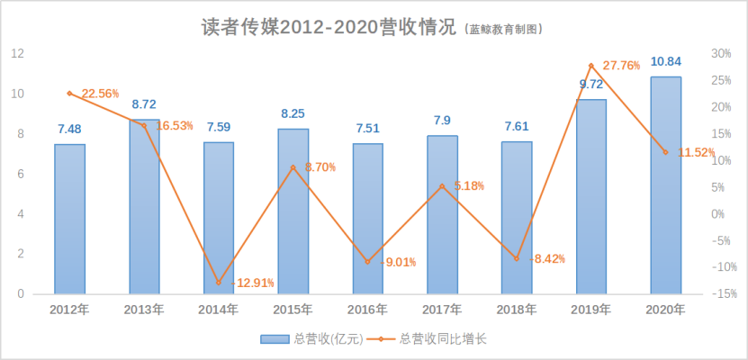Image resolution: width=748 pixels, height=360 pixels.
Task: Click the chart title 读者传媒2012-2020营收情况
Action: pos(329,26)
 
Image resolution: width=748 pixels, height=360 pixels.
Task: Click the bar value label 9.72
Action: pos(591,84)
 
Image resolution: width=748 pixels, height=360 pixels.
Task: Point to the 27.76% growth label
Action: pos(622,66)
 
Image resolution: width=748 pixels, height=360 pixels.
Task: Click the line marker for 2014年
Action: pos(219,283)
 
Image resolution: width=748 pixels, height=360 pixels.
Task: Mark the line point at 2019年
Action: pos(591,66)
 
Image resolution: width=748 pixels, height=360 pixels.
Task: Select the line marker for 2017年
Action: pos(442,186)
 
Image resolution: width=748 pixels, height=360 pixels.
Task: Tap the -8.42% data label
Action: pos(548,259)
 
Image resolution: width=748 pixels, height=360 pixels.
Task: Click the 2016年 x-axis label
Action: pos(367,310)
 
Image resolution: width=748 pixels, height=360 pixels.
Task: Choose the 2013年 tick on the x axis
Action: pos(144,310)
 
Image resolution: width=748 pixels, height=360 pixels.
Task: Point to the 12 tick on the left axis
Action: pos(16,54)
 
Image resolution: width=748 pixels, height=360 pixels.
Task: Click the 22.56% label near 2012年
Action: pos(100,93)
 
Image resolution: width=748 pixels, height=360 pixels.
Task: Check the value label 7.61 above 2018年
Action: pos(517,126)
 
